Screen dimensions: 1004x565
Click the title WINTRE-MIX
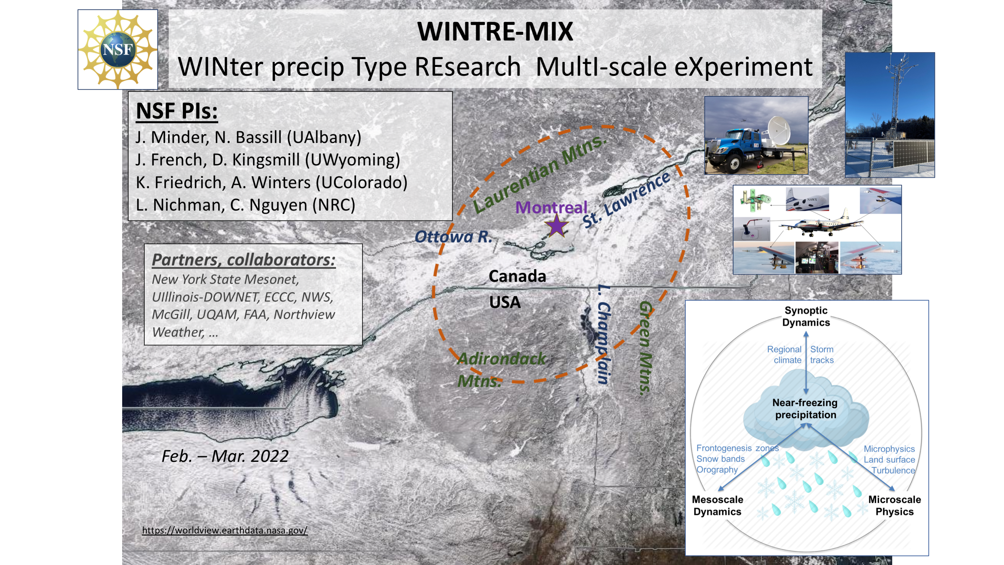tap(495, 31)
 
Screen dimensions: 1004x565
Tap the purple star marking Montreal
tap(556, 226)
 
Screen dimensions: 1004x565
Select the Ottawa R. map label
tap(453, 237)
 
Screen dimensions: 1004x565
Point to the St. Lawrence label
tap(626, 200)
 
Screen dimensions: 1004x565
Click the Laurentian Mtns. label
tap(539, 174)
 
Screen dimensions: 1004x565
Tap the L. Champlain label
tap(604, 334)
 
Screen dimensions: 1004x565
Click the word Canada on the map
tap(517, 276)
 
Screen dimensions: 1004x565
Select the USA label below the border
tap(505, 302)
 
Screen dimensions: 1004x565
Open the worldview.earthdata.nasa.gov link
tap(225, 530)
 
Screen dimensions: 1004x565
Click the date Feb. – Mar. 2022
tap(225, 456)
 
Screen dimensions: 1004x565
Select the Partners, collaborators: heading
tap(244, 260)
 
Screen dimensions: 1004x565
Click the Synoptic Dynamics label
tap(806, 316)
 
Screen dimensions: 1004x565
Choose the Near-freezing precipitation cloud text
tap(805, 409)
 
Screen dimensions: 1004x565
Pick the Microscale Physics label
tap(895, 506)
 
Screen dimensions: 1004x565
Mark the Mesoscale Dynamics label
tap(717, 506)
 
